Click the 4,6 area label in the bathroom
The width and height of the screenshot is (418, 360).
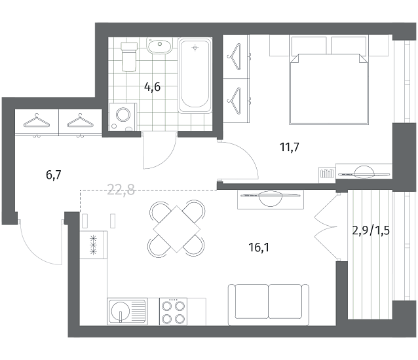[x=152, y=87]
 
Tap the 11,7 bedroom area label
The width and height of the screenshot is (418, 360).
[x=290, y=147]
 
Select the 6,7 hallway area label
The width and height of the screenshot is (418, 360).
[x=54, y=175]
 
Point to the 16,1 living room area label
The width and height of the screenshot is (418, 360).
[x=259, y=247]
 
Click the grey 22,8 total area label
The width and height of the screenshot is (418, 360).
[x=121, y=190]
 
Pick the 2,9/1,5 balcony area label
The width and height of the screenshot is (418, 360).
[x=371, y=230]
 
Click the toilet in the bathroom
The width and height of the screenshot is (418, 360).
[x=129, y=57]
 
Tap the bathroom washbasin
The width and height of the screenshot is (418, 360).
[x=159, y=46]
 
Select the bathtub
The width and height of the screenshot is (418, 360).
[x=195, y=76]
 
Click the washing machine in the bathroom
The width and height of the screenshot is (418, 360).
[x=123, y=117]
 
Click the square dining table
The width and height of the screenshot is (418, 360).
[x=177, y=229]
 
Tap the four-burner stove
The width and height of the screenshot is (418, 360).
[x=173, y=312]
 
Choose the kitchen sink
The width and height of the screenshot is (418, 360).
[x=127, y=312]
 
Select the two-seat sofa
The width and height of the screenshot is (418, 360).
[x=269, y=305]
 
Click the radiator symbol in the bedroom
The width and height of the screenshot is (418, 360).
[x=327, y=173]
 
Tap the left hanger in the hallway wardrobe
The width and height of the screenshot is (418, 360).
[x=37, y=121]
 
